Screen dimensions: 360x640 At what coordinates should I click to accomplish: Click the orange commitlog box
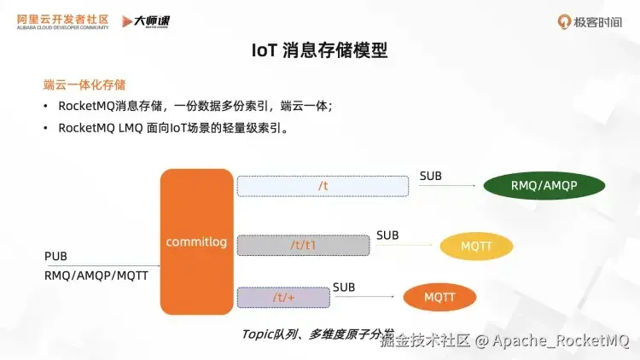[x=196, y=241]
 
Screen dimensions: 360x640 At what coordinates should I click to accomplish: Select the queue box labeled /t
[x=323, y=186]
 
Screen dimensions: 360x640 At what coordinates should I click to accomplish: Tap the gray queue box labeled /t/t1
[x=303, y=245]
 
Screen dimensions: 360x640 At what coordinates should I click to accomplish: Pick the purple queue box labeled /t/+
[x=282, y=297]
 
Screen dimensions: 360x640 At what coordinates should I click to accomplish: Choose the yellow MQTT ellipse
[x=477, y=247]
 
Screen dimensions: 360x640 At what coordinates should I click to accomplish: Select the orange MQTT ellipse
[x=439, y=297]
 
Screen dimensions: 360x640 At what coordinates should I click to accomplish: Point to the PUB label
[x=55, y=257]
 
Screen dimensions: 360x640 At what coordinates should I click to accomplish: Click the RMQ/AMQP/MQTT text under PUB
[x=96, y=276]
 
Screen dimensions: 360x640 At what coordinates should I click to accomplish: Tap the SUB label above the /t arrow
[x=431, y=177]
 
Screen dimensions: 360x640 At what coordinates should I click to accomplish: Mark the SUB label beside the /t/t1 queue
[x=387, y=235]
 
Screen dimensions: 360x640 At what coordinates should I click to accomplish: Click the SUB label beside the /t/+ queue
[x=344, y=287]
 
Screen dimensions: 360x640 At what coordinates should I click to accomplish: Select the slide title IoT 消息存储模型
[x=319, y=51]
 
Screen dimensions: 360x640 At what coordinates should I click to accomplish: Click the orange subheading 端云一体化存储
[x=84, y=84]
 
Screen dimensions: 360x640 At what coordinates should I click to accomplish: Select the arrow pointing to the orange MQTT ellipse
[x=367, y=297]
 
